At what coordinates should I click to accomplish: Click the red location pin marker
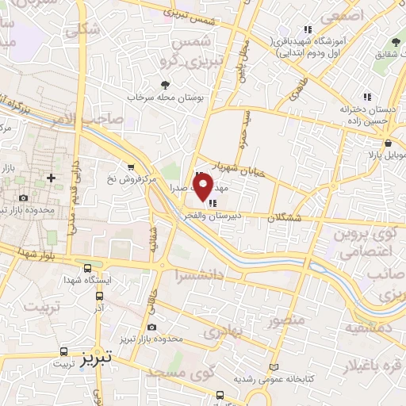point(203,186)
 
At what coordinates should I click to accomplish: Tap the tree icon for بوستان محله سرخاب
point(164,83)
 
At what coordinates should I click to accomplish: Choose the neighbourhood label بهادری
point(221,333)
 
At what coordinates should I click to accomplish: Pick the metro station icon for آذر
point(99,295)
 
